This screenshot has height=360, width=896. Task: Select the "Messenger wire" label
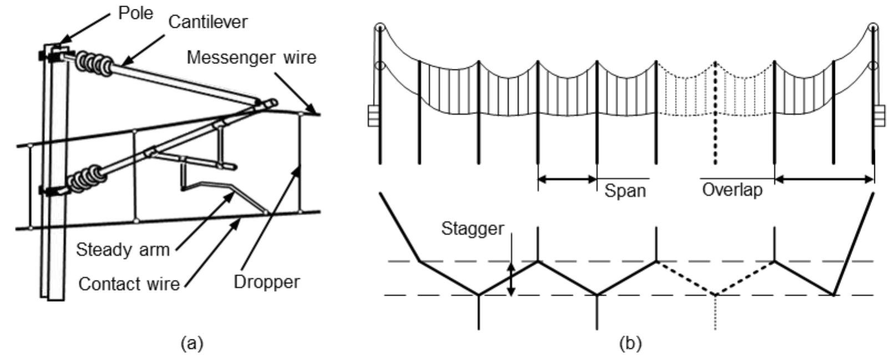(x=251, y=57)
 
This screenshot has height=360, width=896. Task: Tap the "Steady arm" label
(x=123, y=250)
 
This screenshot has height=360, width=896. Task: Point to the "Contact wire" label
(x=129, y=284)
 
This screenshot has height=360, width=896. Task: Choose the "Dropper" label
(x=266, y=282)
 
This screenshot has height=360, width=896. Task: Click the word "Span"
(x=625, y=191)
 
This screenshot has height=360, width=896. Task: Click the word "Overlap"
(x=732, y=190)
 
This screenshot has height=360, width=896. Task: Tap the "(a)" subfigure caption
(x=192, y=344)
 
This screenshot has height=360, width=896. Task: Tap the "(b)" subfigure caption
(x=629, y=344)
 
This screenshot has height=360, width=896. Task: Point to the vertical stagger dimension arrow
(x=512, y=278)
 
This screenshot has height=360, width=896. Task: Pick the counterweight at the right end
(x=880, y=117)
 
